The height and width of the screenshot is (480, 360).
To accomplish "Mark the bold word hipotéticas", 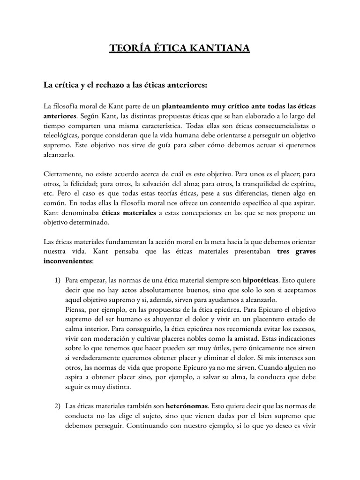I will coord(260,280).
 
